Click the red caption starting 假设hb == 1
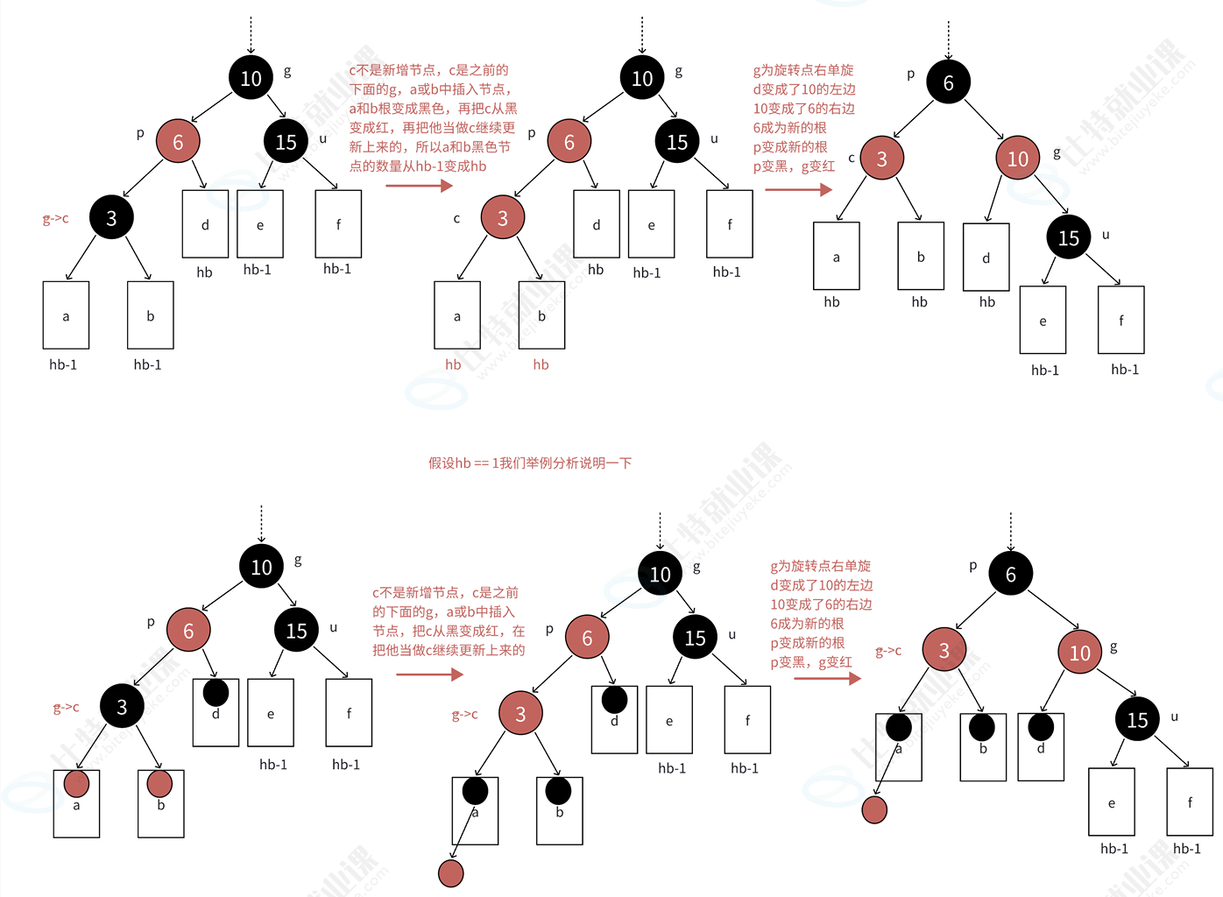coord(529,463)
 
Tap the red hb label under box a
coord(453,364)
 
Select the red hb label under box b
coord(541,364)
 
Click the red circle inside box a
coord(76,783)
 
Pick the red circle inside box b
coord(159,782)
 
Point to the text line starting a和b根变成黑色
coord(433,109)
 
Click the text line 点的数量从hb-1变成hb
coord(418,166)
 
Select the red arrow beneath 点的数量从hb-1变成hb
coord(419,186)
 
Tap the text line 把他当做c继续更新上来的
coord(449,650)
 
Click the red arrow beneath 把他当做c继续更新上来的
coord(429,675)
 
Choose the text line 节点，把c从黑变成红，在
coord(449,631)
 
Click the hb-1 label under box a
coord(63,364)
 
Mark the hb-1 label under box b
coord(147,364)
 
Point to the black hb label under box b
coord(919,302)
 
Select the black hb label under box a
coord(831,302)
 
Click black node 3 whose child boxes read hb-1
coord(111,218)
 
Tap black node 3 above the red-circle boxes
coord(122,707)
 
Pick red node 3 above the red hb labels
coord(503,218)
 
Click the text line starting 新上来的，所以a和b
coord(429,147)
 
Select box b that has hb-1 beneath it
coord(150,315)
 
